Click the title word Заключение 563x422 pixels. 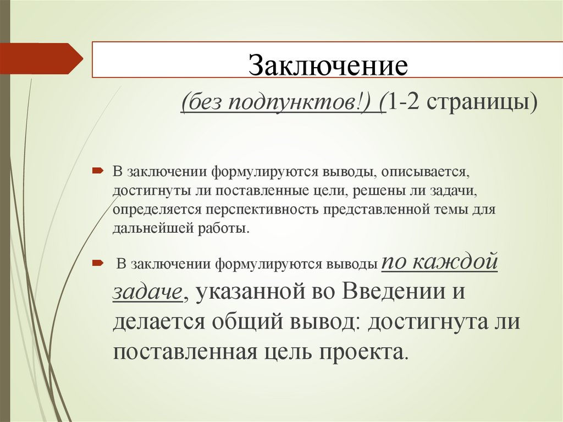click(329, 65)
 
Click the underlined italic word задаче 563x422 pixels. click(147, 292)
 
